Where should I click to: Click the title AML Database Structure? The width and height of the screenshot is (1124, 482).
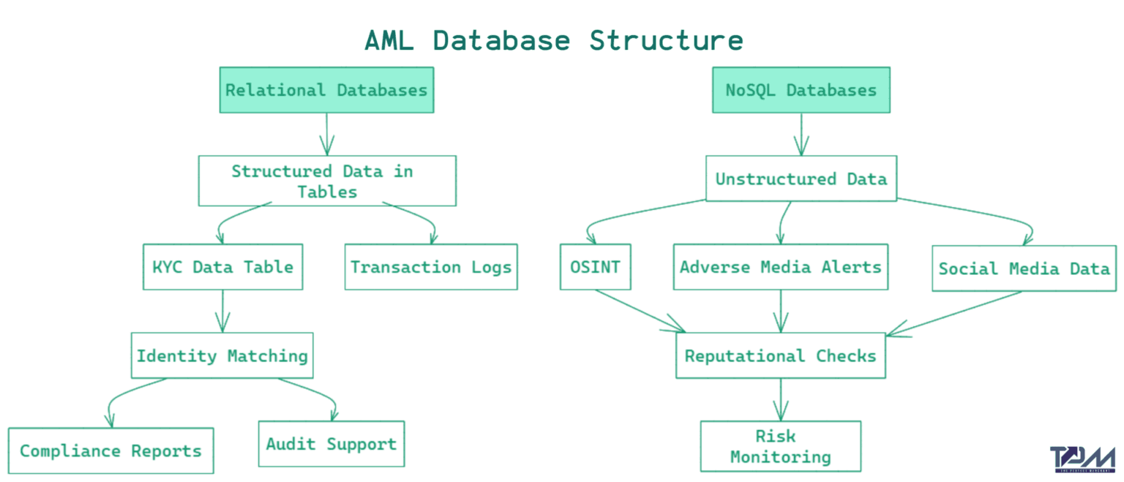(554, 40)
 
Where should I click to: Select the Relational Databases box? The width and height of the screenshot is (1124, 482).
(326, 90)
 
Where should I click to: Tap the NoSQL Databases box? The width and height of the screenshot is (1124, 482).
(801, 90)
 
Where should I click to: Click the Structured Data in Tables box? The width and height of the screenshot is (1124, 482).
(327, 181)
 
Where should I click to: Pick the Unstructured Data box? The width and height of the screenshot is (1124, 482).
(801, 178)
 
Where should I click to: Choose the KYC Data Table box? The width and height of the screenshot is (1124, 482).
(222, 267)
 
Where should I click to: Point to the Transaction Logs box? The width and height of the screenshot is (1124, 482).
(431, 267)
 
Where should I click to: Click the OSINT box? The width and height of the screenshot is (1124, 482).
(595, 267)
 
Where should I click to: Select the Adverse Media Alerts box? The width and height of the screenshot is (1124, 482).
(781, 267)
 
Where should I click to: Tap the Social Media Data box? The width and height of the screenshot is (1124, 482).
(1024, 268)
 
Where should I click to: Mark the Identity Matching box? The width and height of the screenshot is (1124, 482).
(222, 356)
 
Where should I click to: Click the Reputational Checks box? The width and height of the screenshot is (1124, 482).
(781, 356)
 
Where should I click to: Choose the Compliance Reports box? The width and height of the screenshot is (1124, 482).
(110, 451)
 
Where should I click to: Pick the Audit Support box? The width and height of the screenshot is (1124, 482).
(331, 444)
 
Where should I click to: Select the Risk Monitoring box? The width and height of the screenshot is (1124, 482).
(781, 446)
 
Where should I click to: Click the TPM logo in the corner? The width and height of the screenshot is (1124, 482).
(1081, 459)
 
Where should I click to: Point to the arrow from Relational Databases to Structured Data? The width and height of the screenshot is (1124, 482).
(326, 134)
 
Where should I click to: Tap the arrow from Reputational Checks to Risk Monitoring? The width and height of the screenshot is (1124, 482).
(781, 399)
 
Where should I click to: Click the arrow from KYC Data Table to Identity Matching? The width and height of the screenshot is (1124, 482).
(222, 311)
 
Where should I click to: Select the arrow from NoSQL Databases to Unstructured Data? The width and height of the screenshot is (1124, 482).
(801, 134)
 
